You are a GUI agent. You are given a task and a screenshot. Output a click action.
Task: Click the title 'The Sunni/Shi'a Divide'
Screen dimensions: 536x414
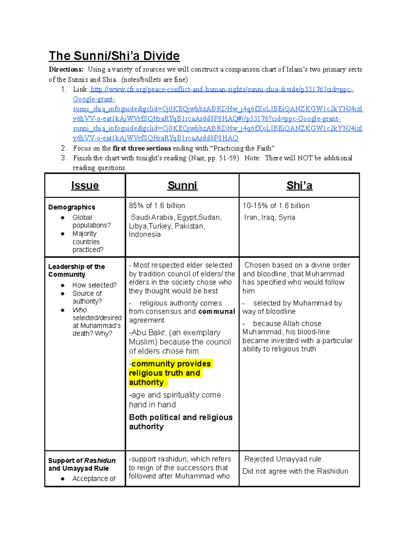click(x=114, y=56)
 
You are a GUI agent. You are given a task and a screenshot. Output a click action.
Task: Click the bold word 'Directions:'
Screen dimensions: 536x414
click(x=66, y=69)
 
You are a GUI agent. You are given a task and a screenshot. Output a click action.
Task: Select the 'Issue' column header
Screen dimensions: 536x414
click(x=85, y=186)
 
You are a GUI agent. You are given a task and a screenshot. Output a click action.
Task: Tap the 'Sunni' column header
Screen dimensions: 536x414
click(x=182, y=186)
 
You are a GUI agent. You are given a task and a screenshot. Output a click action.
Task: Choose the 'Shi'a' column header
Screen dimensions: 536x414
click(x=299, y=186)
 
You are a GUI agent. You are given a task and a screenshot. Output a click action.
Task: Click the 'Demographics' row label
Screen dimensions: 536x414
click(x=72, y=207)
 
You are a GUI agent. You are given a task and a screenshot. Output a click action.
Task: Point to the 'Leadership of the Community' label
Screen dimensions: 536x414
click(x=76, y=271)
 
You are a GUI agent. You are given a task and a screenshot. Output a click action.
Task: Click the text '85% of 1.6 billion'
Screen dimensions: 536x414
click(x=157, y=206)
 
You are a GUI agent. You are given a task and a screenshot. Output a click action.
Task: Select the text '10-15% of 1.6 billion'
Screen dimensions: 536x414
click(x=276, y=206)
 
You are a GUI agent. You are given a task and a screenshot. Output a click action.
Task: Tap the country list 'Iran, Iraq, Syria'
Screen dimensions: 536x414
click(x=269, y=217)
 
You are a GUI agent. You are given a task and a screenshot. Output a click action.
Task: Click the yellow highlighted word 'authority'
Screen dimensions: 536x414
click(x=147, y=382)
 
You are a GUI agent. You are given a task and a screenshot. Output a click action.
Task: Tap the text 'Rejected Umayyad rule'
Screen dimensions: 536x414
click(x=283, y=459)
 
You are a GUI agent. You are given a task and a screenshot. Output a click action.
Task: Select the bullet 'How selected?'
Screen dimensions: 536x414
click(x=95, y=285)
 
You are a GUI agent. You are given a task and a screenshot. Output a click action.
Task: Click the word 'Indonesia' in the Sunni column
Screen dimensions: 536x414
click(x=145, y=234)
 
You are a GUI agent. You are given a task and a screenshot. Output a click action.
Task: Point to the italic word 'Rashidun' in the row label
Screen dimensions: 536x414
click(x=100, y=460)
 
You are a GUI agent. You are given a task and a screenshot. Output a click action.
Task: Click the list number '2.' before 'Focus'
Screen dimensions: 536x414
click(x=64, y=148)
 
